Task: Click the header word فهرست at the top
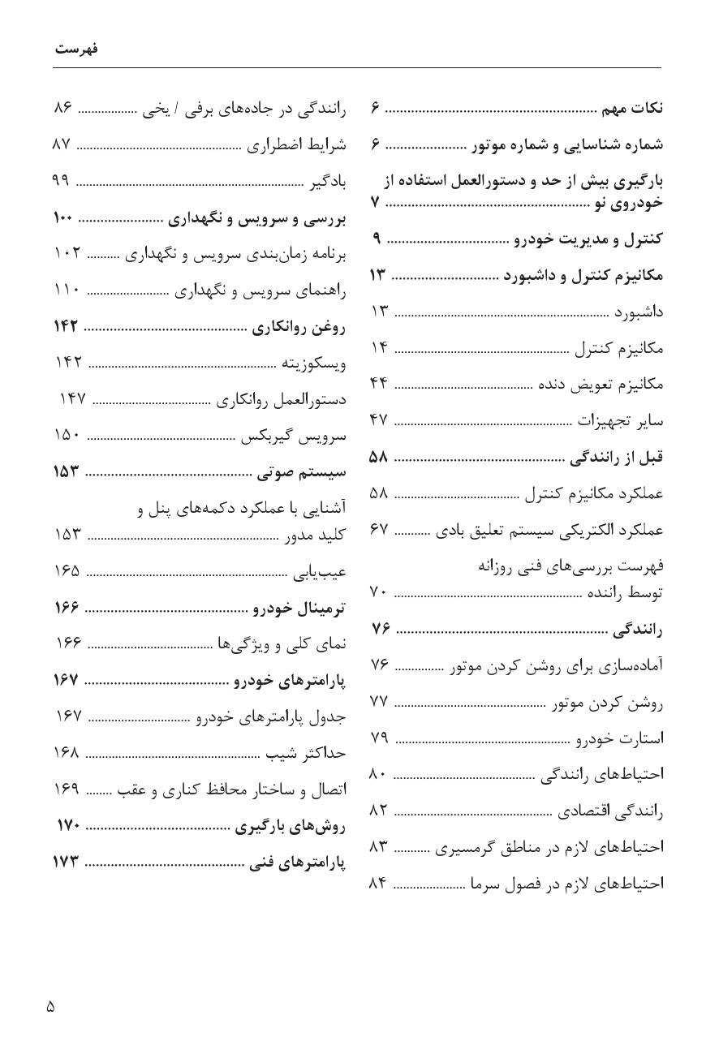76,49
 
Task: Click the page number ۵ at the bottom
50,1007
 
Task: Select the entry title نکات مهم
632,108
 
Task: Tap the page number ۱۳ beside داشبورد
379,312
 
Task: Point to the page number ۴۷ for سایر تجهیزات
379,420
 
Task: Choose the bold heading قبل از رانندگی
616,457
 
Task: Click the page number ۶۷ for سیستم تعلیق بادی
379,530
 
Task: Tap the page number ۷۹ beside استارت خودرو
379,738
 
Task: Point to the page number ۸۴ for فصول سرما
379,883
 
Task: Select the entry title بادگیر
328,181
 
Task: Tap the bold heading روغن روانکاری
299,327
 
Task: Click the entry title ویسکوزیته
313,364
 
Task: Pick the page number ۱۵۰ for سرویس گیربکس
67,436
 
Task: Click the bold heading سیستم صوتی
301,472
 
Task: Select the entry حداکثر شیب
306,753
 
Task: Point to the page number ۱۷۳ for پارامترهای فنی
65,863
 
